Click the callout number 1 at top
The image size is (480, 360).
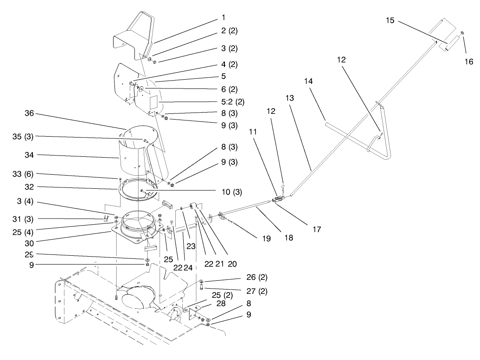click(x=224, y=18)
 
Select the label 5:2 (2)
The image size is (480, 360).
click(x=234, y=102)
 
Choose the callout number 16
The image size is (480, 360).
click(x=469, y=62)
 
